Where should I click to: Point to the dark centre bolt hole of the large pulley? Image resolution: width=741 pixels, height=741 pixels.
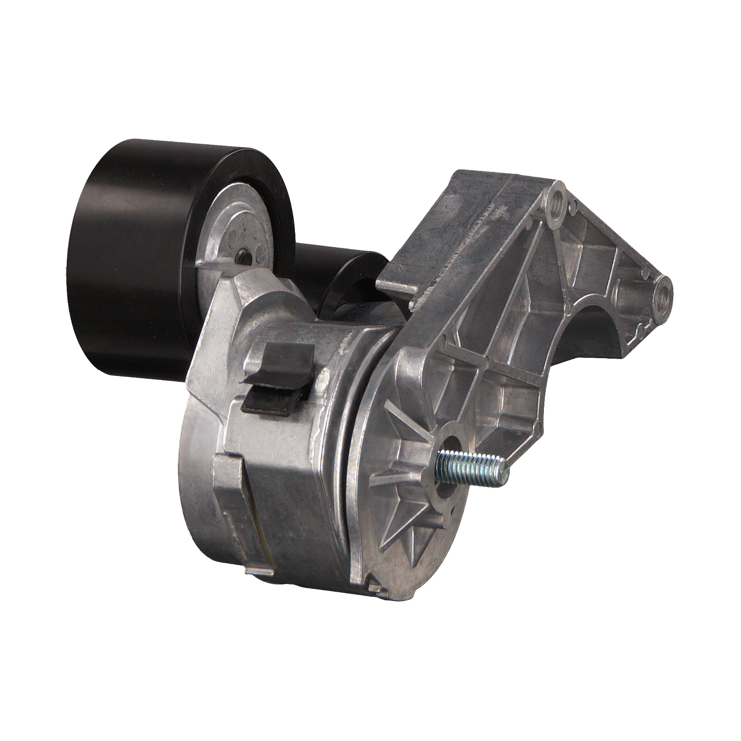pos(244,256)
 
